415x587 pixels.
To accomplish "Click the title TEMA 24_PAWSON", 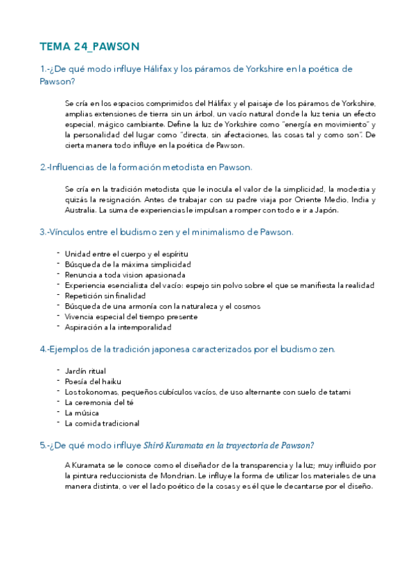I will (x=90, y=46).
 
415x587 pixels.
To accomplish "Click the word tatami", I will (x=337, y=392).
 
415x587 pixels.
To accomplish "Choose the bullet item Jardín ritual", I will (x=85, y=371).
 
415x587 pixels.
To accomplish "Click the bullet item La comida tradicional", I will (x=102, y=423).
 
